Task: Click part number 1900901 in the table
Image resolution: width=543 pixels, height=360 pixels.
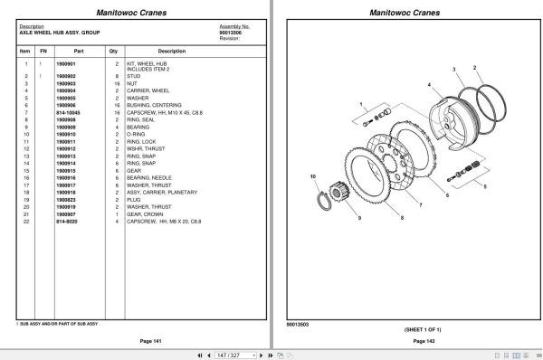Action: [67, 64]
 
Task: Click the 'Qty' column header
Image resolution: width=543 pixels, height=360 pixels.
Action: [117, 51]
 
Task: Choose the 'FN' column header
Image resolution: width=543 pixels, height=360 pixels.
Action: [43, 51]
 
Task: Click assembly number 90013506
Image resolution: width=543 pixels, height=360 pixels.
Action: [233, 33]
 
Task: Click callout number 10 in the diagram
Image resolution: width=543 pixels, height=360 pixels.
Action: [312, 175]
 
